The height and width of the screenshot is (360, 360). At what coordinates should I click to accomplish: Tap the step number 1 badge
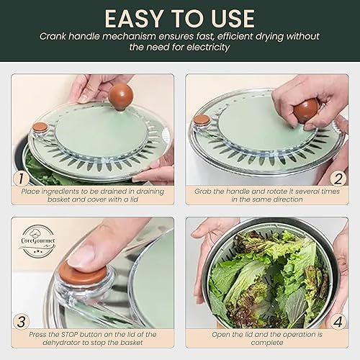point(24,176)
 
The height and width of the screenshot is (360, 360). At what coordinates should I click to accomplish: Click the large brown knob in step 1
point(120,95)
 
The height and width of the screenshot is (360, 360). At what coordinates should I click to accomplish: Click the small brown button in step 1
point(40,127)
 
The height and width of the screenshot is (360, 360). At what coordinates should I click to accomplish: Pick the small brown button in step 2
point(202,120)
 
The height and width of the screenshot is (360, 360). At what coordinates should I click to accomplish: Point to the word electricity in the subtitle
point(206,48)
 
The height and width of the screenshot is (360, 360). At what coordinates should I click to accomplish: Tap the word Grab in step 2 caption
point(205,191)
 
